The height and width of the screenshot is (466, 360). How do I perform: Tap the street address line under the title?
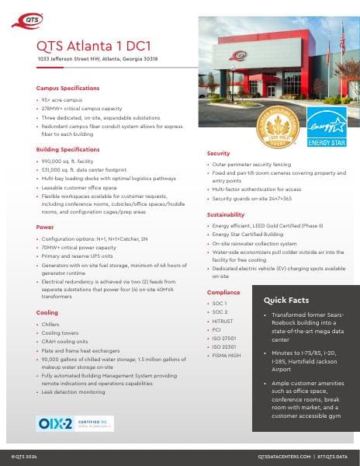point(97,58)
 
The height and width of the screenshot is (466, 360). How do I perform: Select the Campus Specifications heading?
point(67,89)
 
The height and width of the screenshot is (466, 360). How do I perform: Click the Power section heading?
point(45,227)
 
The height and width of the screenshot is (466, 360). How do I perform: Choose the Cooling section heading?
point(47,312)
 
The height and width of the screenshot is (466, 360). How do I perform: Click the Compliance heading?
point(223,292)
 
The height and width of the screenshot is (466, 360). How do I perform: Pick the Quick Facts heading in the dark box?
point(286,300)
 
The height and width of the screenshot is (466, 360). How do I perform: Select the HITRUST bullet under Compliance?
point(223,321)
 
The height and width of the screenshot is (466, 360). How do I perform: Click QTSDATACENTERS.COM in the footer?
point(284,457)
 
